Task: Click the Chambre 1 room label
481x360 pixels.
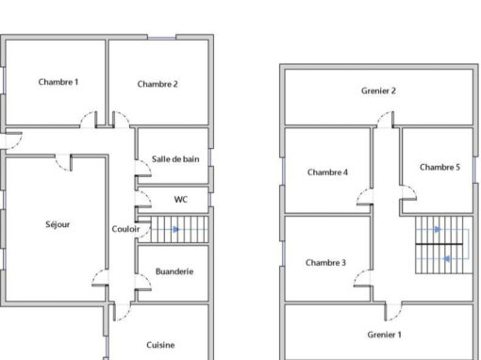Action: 58,82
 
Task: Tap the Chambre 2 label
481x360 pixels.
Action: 158,84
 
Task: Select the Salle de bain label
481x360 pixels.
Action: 175,159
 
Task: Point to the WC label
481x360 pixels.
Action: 181,200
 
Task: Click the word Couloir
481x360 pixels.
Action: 125,229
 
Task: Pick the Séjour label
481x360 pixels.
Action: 58,224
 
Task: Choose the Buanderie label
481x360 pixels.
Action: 174,271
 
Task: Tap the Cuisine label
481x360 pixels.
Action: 160,345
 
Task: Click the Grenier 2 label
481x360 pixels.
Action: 378,90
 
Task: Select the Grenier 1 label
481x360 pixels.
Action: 384,335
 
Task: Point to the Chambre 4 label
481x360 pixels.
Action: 327,172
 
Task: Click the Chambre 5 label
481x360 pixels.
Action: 440,167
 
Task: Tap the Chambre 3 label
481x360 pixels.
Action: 325,262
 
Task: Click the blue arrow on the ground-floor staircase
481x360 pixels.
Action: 176,229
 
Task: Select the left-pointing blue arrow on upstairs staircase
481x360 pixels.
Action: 446,259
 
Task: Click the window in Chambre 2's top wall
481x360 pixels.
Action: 161,38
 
